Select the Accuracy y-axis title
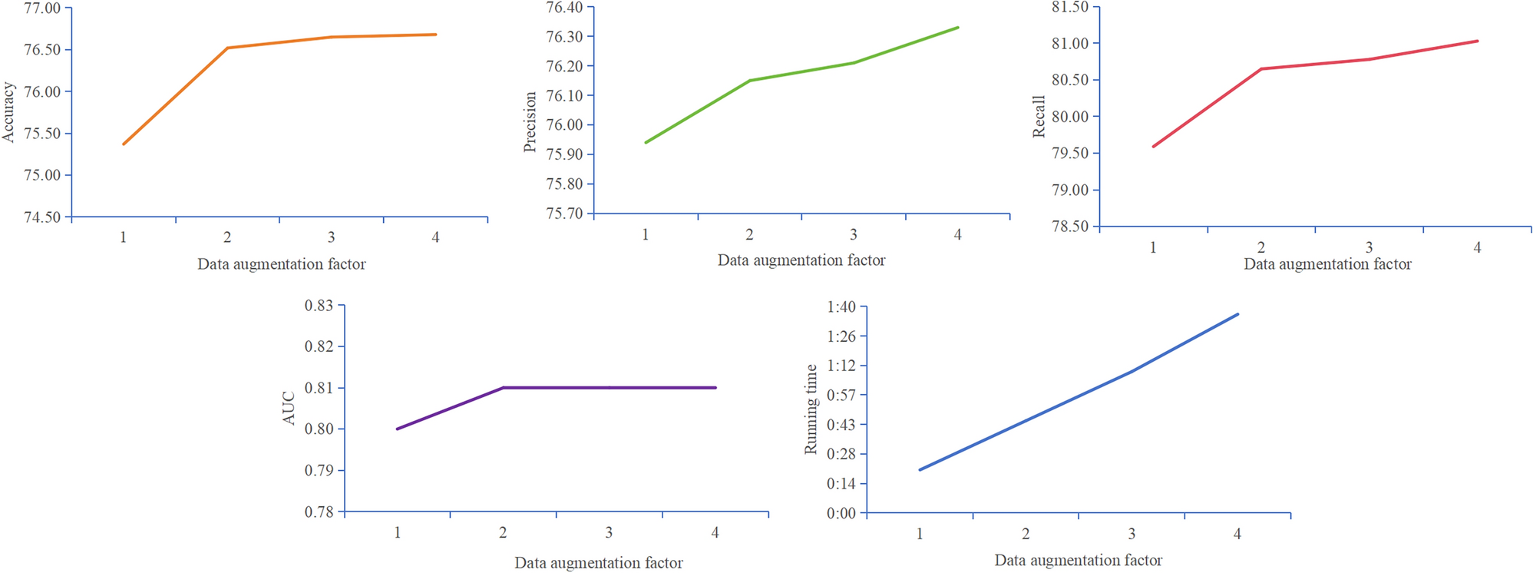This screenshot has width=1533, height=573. coord(8,112)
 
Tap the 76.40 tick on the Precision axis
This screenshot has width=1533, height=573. coord(564,8)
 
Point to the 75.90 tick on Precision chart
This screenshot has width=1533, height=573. coord(564,154)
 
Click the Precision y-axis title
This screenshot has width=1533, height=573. coord(530,121)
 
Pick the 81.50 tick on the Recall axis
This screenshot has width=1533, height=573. coord(1070,7)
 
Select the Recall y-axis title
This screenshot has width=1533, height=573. coord(1039,117)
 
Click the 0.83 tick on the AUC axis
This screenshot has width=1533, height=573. coord(319,306)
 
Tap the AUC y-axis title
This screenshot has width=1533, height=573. coord(289,408)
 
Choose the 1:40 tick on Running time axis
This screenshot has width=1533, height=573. coord(841,307)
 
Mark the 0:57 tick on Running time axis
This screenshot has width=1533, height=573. coord(841,396)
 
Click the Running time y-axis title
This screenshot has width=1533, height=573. coord(811,409)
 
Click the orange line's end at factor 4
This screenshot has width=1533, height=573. coord(435,35)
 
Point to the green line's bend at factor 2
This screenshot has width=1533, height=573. coord(749,81)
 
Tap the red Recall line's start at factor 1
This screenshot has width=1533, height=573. coord(1154,146)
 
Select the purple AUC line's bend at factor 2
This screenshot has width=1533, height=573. coord(503,388)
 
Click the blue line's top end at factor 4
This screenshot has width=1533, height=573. coord(1237,314)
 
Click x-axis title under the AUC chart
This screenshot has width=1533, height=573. coord(598,563)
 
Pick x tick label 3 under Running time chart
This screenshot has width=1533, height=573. coord(1132,534)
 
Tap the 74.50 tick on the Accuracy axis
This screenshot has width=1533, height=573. coord(42,217)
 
